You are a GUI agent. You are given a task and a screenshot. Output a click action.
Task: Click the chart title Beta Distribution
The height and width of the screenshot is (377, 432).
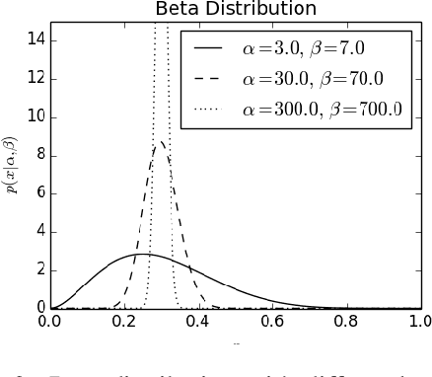236,10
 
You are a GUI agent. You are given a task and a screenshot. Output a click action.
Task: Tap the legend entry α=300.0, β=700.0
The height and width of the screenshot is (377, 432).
322,109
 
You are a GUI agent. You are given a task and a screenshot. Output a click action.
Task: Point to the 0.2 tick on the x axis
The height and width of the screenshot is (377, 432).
124,321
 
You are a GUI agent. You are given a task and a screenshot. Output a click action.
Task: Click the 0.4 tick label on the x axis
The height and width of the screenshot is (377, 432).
198,321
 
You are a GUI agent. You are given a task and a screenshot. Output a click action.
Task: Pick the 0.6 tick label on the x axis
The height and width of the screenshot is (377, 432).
272,321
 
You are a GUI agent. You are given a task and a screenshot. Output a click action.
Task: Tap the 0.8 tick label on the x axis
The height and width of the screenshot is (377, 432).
346,321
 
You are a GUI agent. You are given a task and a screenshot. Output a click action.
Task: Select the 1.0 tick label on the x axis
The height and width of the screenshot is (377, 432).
419,321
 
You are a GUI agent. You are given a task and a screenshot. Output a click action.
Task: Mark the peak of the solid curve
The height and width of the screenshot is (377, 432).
143,255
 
